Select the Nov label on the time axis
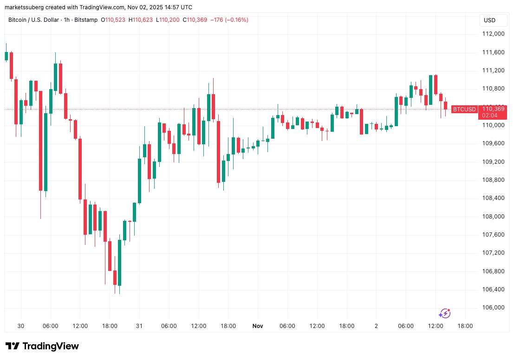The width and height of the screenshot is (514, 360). (x=258, y=326)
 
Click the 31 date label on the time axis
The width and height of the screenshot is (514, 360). (x=139, y=326)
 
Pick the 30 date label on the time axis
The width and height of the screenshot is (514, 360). (x=20, y=326)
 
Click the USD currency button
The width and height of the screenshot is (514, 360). (x=489, y=20)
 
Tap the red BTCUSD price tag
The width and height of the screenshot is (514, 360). (x=464, y=109)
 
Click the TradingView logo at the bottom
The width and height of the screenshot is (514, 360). (x=42, y=347)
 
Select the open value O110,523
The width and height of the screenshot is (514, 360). (x=111, y=20)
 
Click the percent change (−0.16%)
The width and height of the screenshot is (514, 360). (x=237, y=20)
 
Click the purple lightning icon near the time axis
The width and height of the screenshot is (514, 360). (x=445, y=314)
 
